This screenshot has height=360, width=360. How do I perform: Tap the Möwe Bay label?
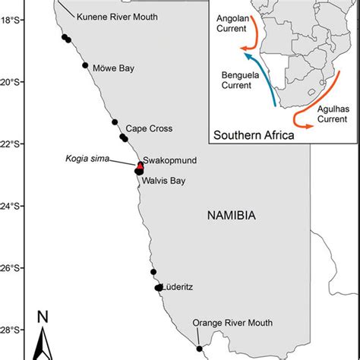pyautogui.click(x=113, y=68)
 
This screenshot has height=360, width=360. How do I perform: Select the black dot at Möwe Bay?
pyautogui.click(x=85, y=65)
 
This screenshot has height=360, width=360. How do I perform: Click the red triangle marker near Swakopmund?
pyautogui.click(x=140, y=165)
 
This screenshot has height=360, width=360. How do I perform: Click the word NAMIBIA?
pyautogui.click(x=232, y=216)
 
